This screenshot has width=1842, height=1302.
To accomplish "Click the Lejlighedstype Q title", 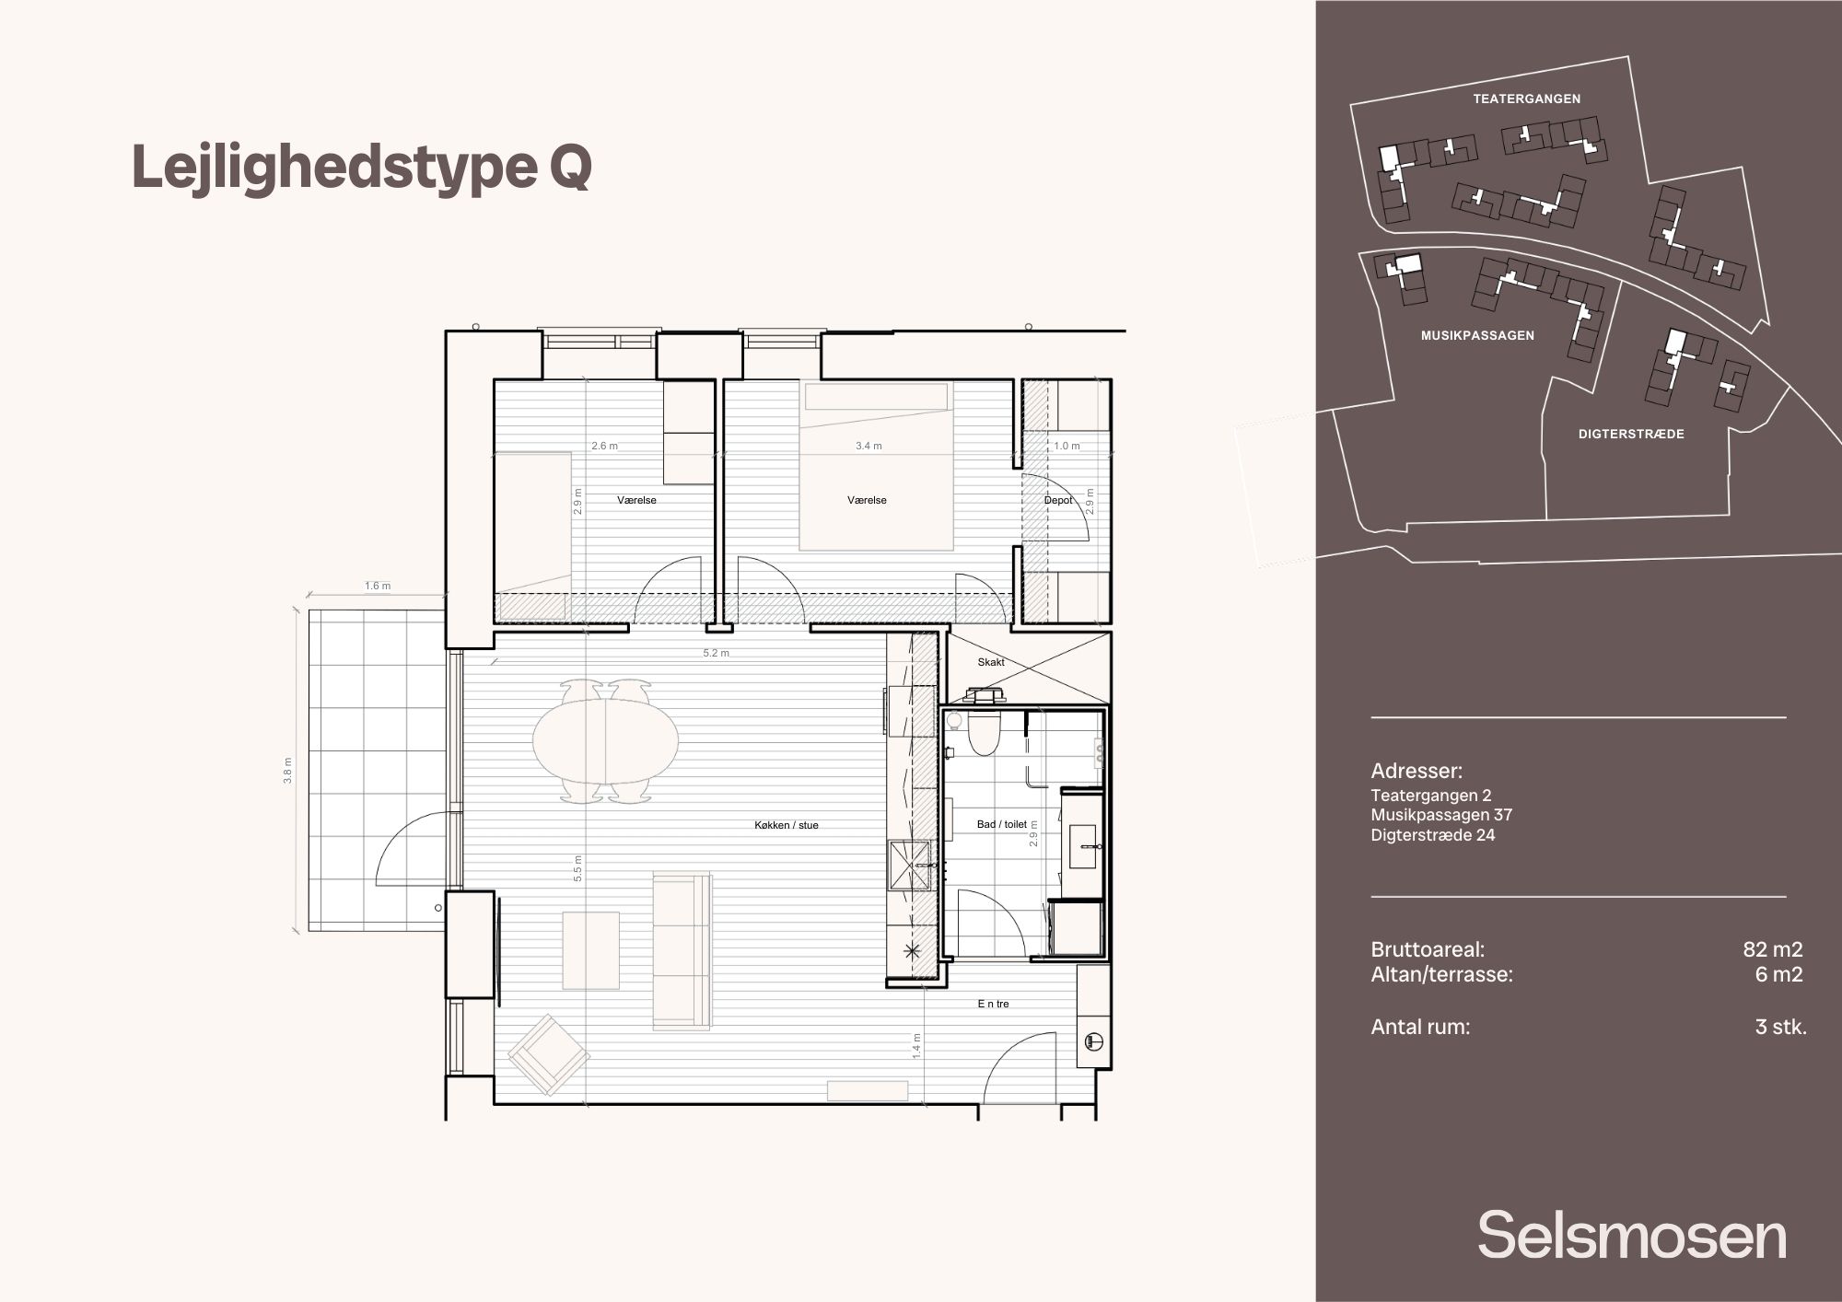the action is tap(362, 168).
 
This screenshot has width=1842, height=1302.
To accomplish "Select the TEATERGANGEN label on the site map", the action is tap(1526, 99).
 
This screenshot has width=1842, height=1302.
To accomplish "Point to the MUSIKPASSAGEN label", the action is tap(1477, 336).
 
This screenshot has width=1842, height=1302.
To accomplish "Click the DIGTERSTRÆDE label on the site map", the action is tap(1631, 434).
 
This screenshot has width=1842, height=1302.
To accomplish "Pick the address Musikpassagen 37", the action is tap(1441, 815).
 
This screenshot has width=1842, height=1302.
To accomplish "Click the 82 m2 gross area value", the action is tap(1772, 949).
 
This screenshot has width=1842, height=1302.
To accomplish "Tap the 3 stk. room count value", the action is tap(1780, 1027).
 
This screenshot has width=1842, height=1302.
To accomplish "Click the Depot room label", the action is tap(1058, 501).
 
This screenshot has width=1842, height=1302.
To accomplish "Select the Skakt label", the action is tap(991, 662).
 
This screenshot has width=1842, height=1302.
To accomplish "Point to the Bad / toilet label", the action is tap(1001, 825).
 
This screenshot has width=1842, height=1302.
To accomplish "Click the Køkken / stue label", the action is tap(786, 826).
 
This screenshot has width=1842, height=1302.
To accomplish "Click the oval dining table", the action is tap(606, 738).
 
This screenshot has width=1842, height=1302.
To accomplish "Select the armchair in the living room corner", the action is tap(549, 1054).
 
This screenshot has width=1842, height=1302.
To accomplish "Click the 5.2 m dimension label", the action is tap(716, 654).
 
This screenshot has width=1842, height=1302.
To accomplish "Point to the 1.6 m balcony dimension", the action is tap(378, 586).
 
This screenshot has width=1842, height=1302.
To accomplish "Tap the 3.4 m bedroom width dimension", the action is tap(869, 446).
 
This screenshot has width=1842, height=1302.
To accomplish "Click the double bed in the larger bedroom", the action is tap(875, 466).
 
